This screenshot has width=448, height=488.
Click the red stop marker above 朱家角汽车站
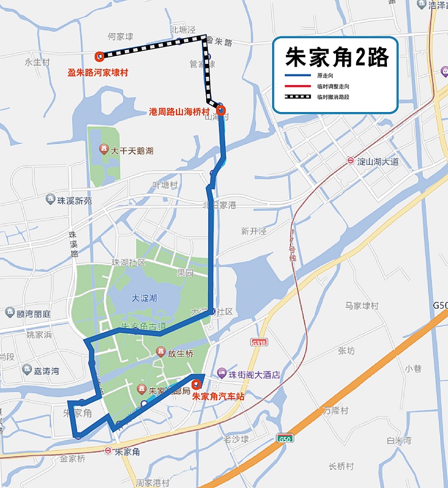coord(196,384)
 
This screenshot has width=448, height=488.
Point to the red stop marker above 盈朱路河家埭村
coord(99,55)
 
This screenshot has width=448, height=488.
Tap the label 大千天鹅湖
coord(132,151)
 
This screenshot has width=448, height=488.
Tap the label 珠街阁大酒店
coord(254,374)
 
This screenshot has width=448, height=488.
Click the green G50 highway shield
coord(284,438)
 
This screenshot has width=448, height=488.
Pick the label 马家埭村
coord(362,306)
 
